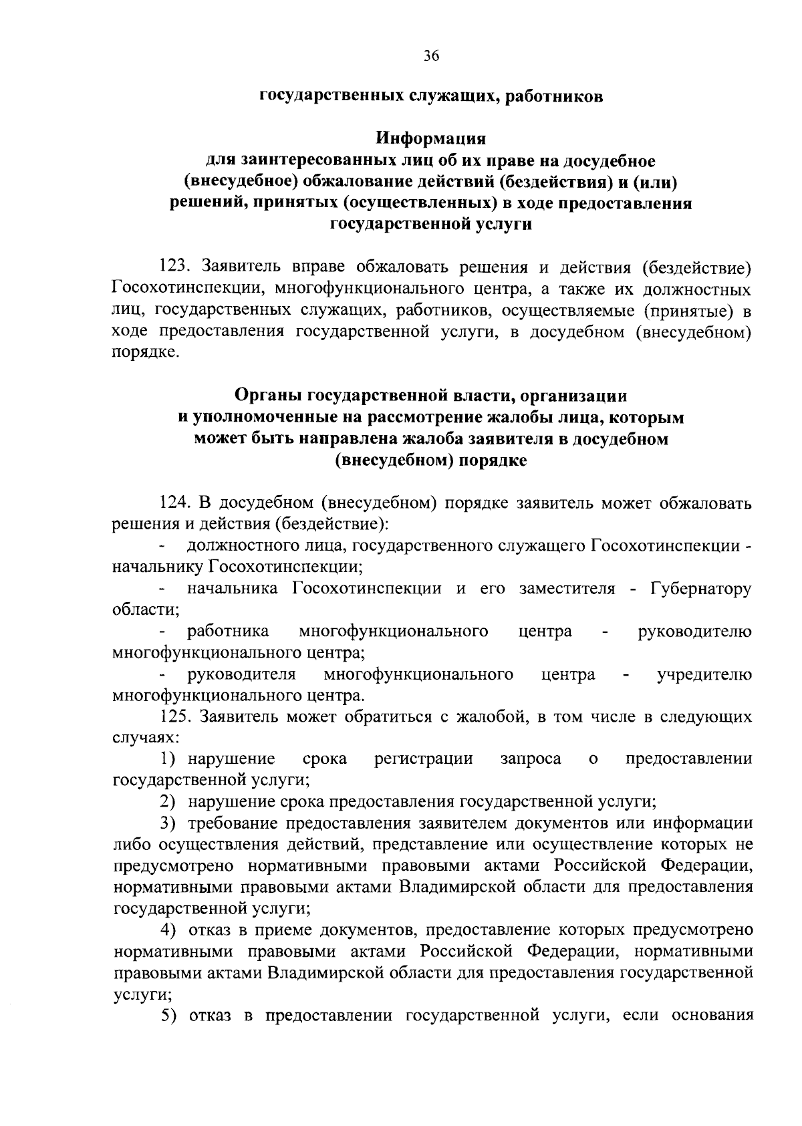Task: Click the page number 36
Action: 431,56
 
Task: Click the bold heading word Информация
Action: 430,140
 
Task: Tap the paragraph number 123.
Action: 176,268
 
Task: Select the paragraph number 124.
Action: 176,503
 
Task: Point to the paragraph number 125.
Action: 176,717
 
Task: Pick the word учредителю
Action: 704,674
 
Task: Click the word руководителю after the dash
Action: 695,631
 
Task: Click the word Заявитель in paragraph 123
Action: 241,268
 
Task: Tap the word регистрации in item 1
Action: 423,759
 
